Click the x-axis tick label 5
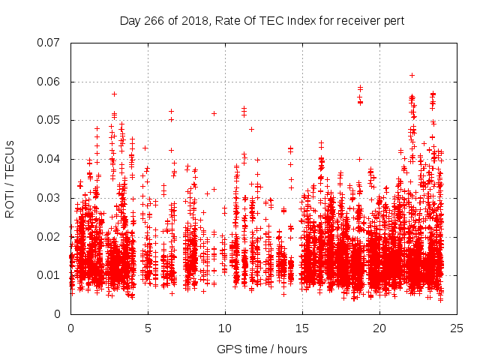point(148,328)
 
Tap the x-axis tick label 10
point(225,328)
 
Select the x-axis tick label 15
point(302,328)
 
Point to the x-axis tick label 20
point(379,328)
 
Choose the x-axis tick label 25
point(457,328)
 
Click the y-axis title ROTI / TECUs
point(10,178)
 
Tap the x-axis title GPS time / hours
point(263,349)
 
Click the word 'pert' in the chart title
point(393,20)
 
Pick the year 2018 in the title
point(191,20)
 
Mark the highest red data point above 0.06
point(412,75)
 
